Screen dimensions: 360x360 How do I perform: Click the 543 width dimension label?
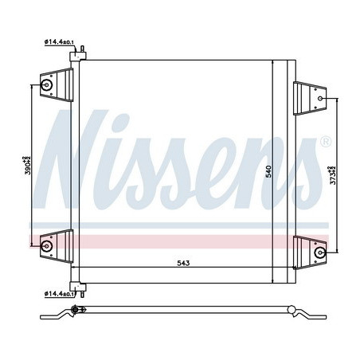(174, 263)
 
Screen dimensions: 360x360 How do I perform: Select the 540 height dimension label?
(269, 170)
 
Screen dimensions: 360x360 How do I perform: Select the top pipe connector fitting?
(80, 57)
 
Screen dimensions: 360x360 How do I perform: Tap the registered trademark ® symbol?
(325, 142)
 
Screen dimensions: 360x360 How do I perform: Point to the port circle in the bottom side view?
(76, 311)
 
